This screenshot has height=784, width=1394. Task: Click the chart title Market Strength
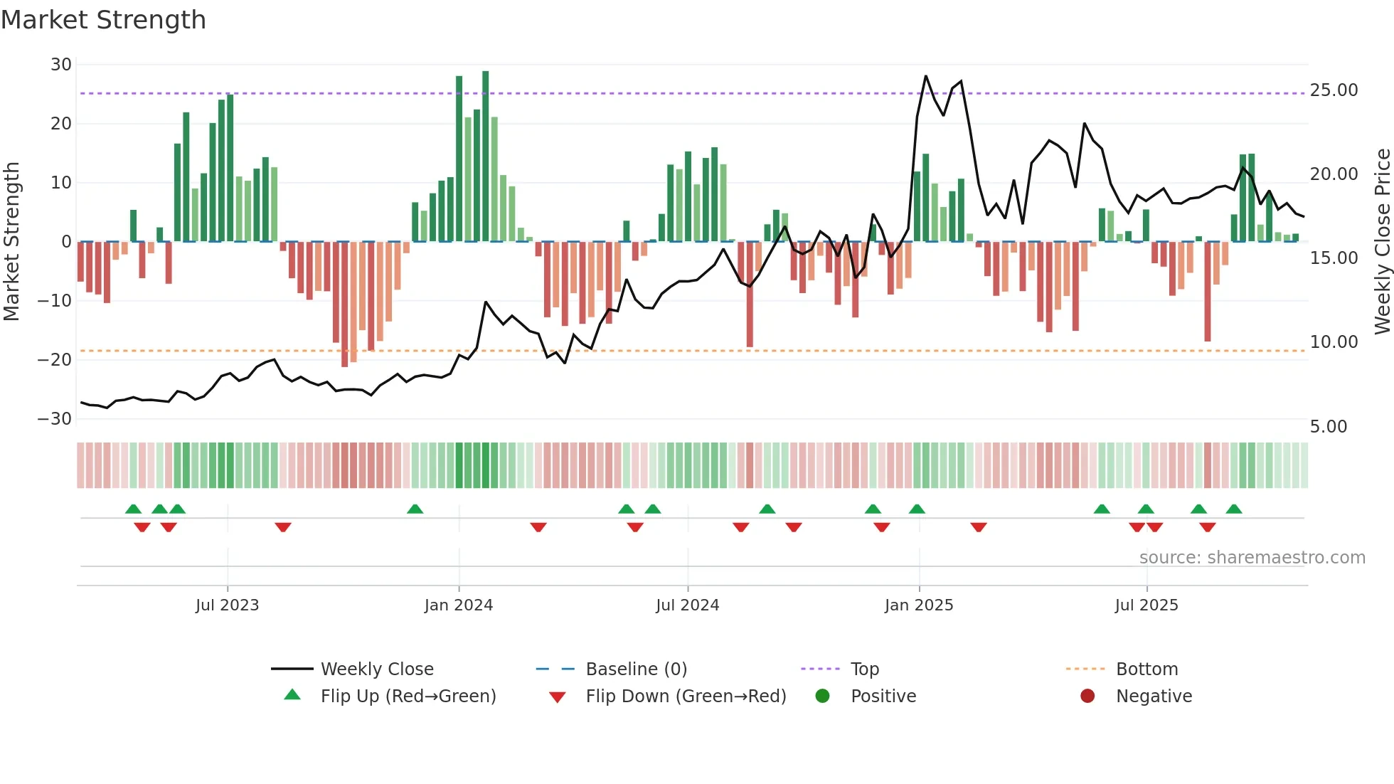(x=103, y=20)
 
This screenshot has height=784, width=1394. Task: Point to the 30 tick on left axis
(x=61, y=65)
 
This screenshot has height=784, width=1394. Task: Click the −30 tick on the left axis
(x=55, y=419)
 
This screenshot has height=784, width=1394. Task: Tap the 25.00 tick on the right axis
(x=1334, y=90)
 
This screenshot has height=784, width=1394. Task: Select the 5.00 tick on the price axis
(x=1328, y=427)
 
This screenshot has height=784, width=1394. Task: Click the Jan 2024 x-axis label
(x=458, y=605)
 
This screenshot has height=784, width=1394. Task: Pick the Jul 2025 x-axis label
(x=1146, y=605)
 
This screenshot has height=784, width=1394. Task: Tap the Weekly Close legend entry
(x=376, y=669)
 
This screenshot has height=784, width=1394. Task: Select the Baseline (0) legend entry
(x=636, y=669)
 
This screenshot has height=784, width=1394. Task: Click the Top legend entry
(x=864, y=669)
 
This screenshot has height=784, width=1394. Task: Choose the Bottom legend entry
(x=1146, y=669)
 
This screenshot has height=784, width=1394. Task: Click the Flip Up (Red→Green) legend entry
(x=408, y=696)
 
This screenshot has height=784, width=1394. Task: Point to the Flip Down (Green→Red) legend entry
(x=685, y=696)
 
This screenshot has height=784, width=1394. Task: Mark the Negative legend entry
(x=1153, y=696)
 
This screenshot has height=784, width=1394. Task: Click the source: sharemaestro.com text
(x=1252, y=558)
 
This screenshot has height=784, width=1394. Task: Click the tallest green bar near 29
(x=485, y=157)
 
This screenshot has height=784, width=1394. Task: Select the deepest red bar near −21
(x=345, y=304)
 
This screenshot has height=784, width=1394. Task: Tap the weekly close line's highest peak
(x=925, y=76)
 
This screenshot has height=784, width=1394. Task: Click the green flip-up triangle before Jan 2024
(x=415, y=509)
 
